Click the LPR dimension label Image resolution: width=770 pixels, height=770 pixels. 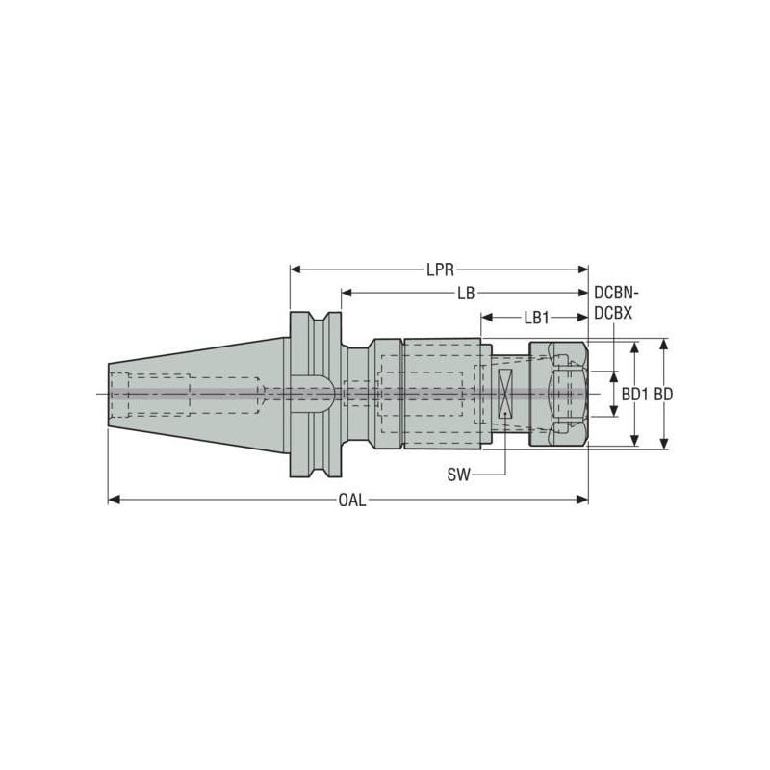[441, 270]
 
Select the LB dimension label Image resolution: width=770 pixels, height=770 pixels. [466, 293]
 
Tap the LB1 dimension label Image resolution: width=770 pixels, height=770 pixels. [536, 316]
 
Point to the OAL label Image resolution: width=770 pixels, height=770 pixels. [351, 500]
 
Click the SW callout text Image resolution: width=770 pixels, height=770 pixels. [459, 475]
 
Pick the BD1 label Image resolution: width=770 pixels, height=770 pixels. [632, 394]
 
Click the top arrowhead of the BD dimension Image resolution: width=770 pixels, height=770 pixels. [663, 345]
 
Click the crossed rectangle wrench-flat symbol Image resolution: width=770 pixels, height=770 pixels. [505, 394]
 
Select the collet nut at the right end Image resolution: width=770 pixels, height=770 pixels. [557, 394]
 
